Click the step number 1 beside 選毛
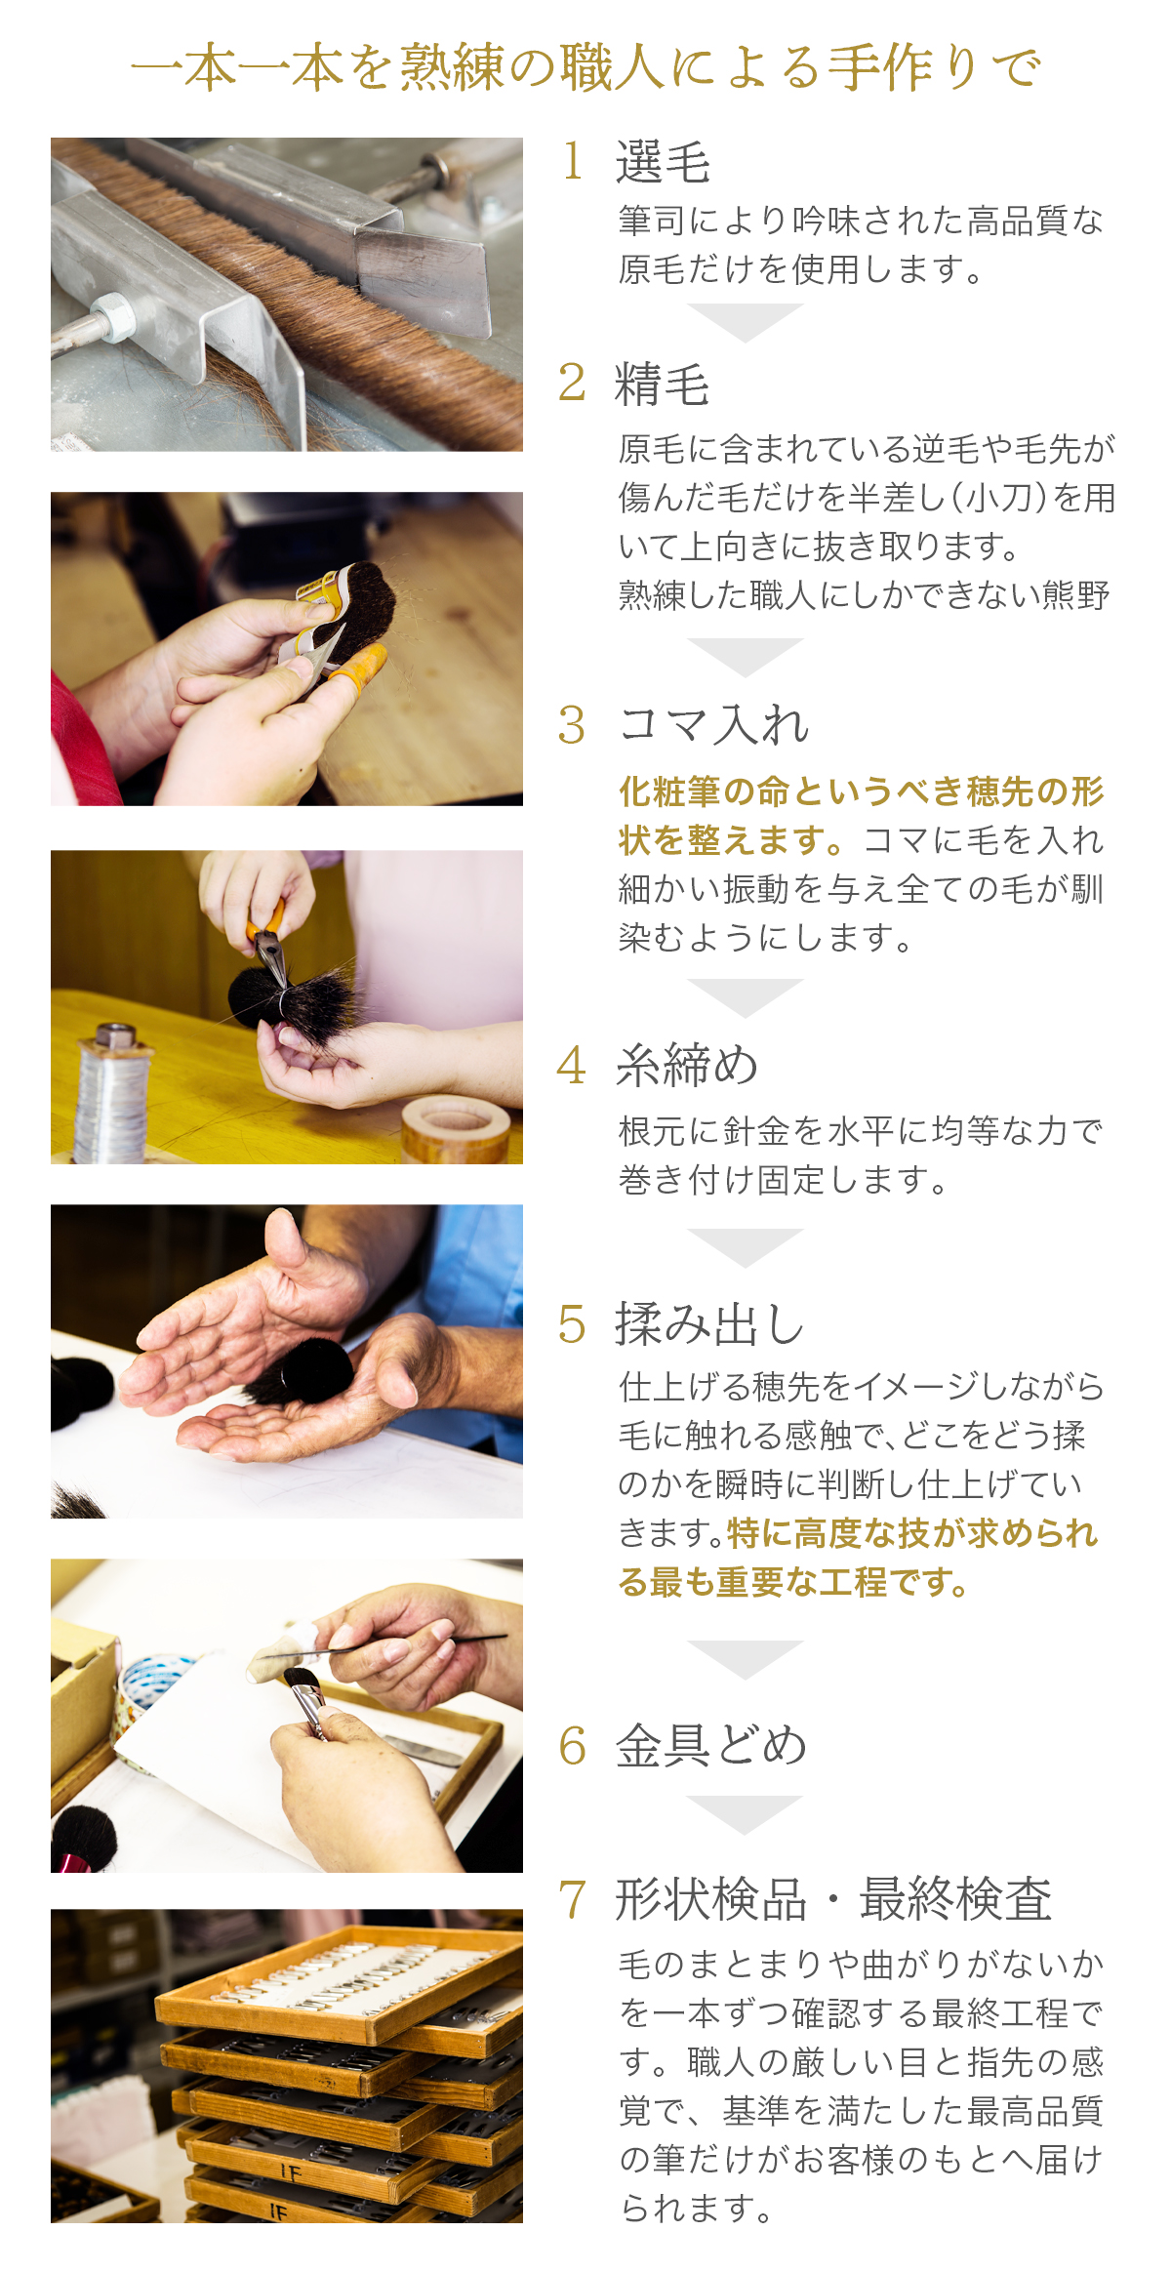573,161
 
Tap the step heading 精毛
663,384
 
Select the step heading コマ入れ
714,725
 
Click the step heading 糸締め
687,1065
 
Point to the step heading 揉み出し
710,1324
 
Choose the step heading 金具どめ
711,1746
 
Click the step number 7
572,1899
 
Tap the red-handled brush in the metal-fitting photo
84,1843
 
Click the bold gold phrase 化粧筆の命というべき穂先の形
862,791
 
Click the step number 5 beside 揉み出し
572,1325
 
